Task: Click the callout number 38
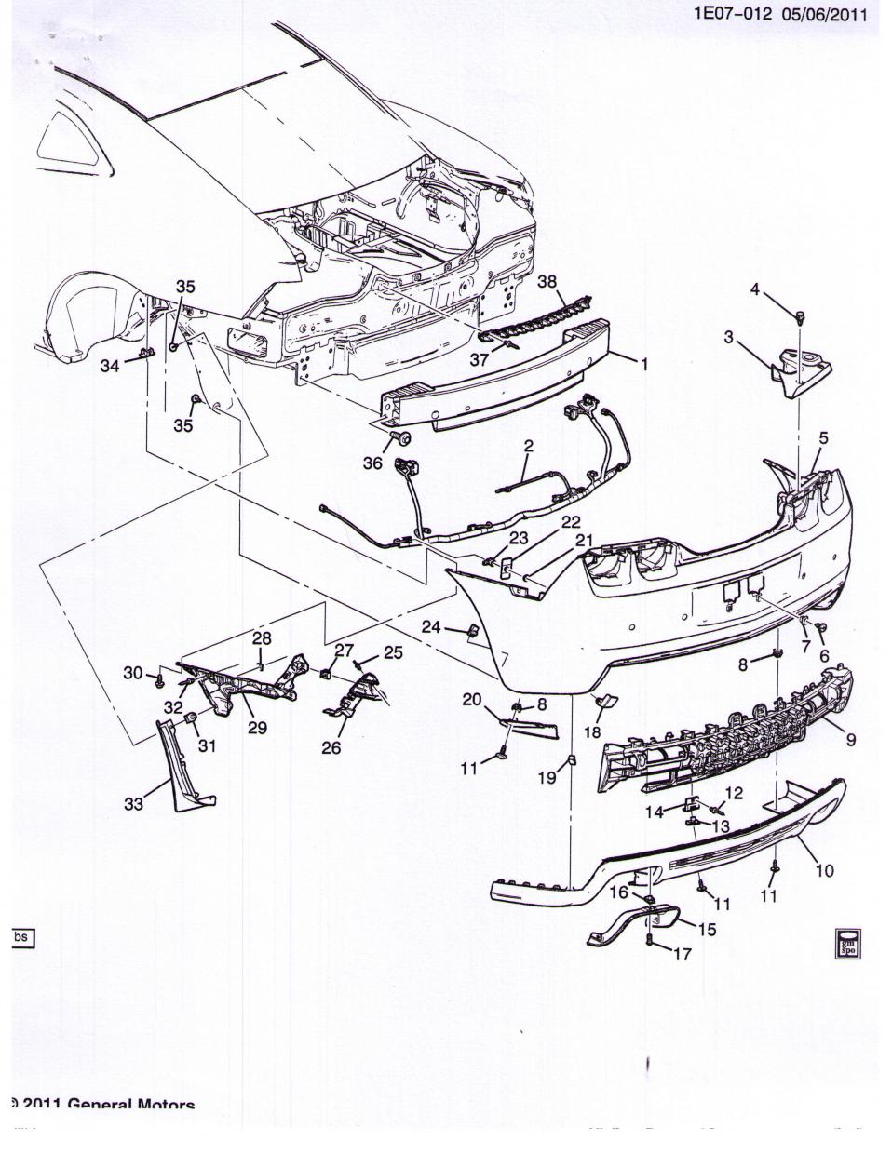547,282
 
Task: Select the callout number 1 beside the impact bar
642,365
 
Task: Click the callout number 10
824,871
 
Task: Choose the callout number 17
682,954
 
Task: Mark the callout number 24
430,627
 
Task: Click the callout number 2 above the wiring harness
528,447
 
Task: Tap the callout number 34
111,367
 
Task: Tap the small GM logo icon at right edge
846,942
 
